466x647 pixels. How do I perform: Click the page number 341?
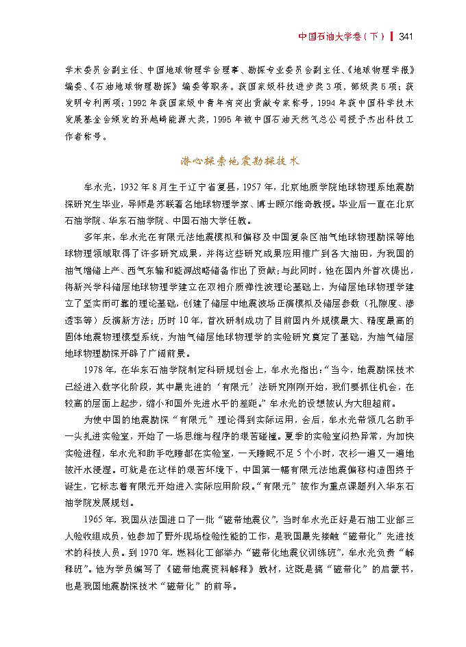[x=404, y=36]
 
